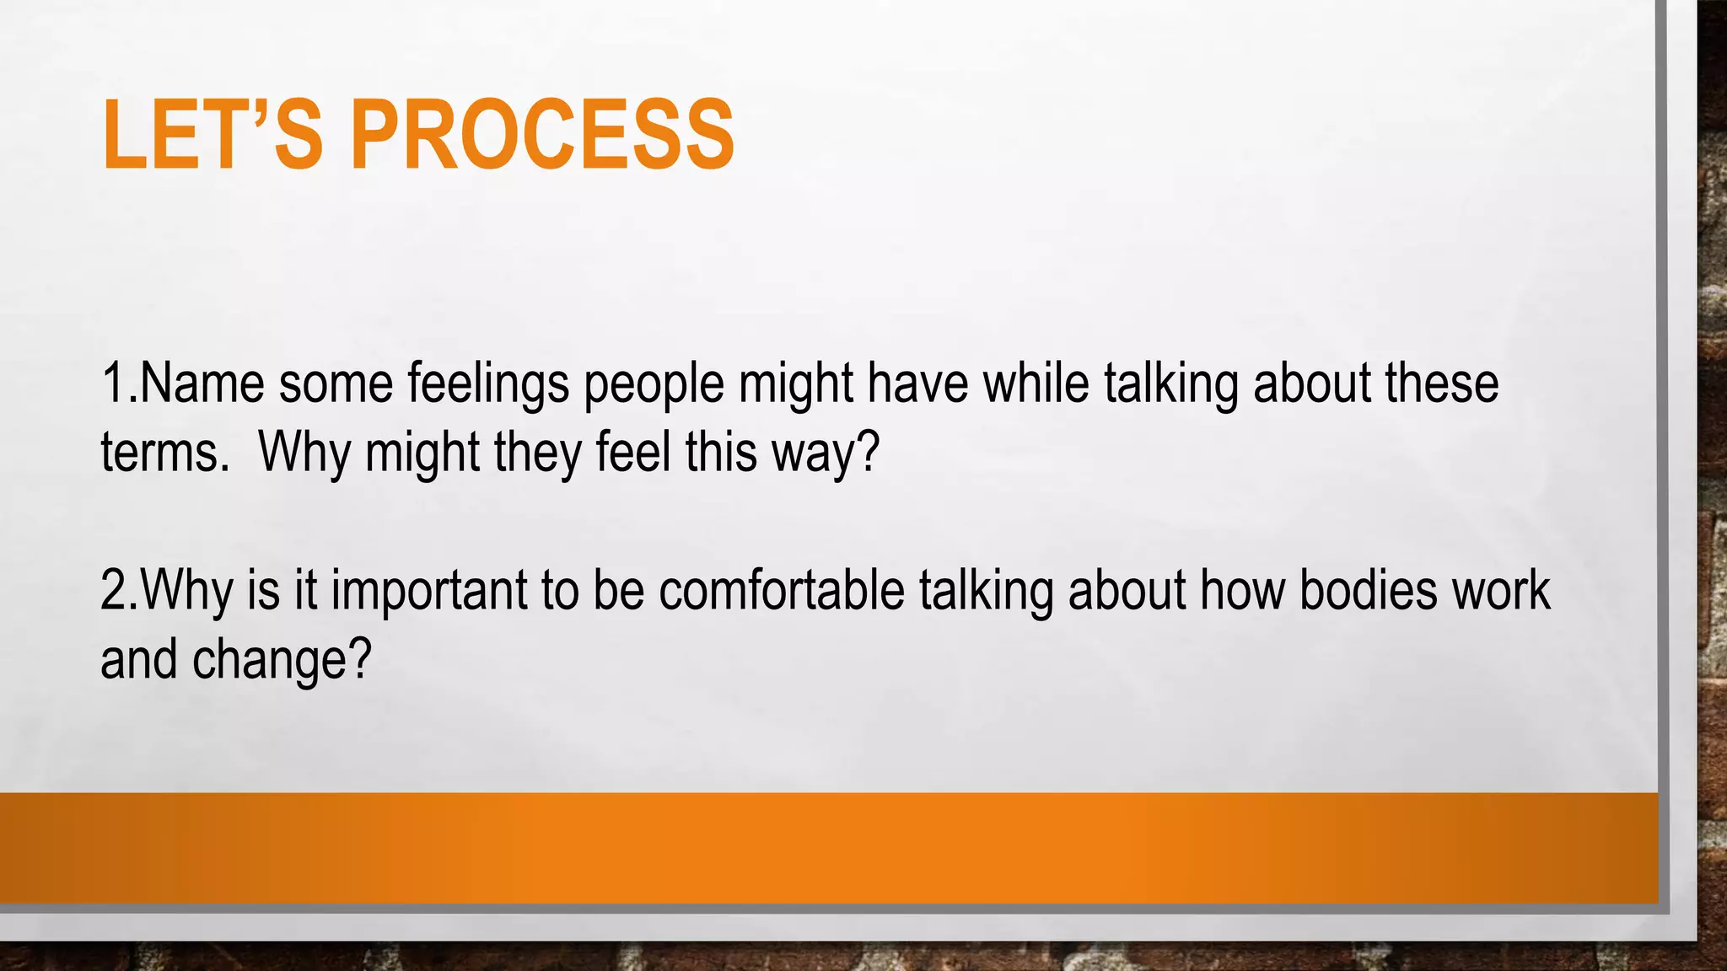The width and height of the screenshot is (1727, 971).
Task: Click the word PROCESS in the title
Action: [542, 135]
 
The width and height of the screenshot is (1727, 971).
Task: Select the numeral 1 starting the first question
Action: [113, 384]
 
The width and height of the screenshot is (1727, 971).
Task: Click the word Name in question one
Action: [202, 384]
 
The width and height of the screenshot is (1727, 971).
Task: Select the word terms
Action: [159, 453]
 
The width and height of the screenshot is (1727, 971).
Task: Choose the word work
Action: [1501, 590]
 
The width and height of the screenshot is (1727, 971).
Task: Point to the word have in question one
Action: [917, 384]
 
